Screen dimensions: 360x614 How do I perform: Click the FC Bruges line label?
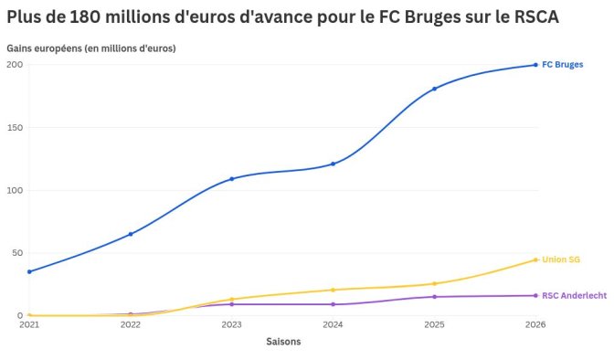point(562,65)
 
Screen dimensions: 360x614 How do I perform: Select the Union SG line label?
point(560,260)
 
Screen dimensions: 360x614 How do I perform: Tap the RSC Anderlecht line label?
point(574,296)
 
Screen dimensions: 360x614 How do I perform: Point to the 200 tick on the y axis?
point(15,65)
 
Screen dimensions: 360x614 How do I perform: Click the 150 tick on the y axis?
point(15,128)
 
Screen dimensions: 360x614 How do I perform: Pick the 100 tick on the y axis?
point(15,191)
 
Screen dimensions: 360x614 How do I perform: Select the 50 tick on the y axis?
point(16,253)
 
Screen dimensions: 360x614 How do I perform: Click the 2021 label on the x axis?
point(29,325)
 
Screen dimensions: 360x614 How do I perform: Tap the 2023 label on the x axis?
point(231,325)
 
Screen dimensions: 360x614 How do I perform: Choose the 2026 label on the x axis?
point(535,325)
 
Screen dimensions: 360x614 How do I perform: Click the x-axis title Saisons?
point(283,342)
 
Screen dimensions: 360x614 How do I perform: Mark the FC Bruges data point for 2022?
point(131,234)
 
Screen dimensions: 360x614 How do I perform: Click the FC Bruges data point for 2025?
point(434,89)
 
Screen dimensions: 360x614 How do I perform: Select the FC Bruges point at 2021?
point(29,271)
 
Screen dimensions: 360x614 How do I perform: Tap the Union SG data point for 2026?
point(535,259)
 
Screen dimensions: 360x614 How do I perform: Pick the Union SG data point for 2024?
point(333,290)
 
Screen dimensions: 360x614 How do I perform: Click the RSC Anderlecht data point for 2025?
point(434,297)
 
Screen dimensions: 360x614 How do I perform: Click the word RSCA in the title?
point(532,18)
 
